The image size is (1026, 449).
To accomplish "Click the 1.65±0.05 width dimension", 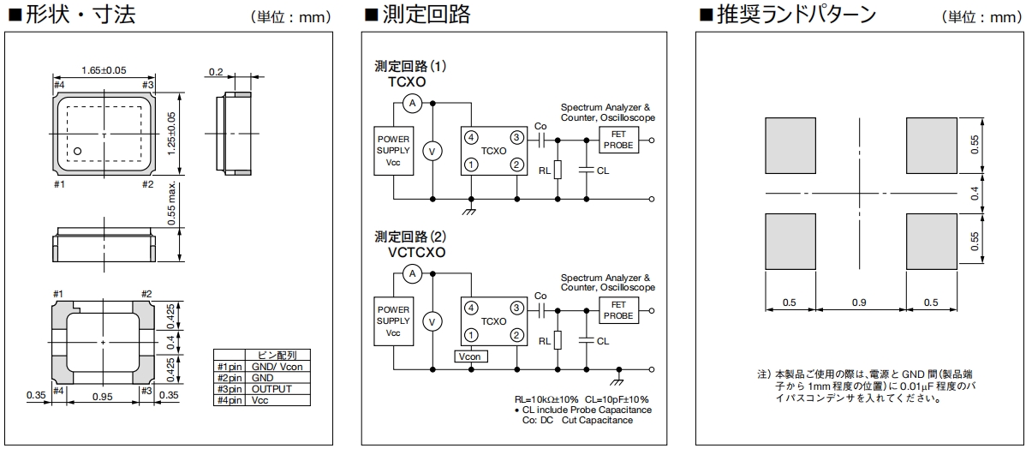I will point(104,69).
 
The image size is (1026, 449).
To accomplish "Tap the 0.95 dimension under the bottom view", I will point(104,397).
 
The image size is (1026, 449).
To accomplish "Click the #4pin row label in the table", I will point(230,399).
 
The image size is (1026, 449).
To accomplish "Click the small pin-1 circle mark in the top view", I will point(77,152).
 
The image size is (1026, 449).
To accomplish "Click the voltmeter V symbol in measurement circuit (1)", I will point(432,151).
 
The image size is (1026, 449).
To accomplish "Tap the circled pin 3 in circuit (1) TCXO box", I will point(516,137).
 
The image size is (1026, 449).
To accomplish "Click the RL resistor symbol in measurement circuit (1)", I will point(558,169).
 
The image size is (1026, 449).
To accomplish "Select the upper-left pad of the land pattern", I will point(790,145).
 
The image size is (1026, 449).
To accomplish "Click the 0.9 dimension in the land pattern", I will point(861,303).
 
